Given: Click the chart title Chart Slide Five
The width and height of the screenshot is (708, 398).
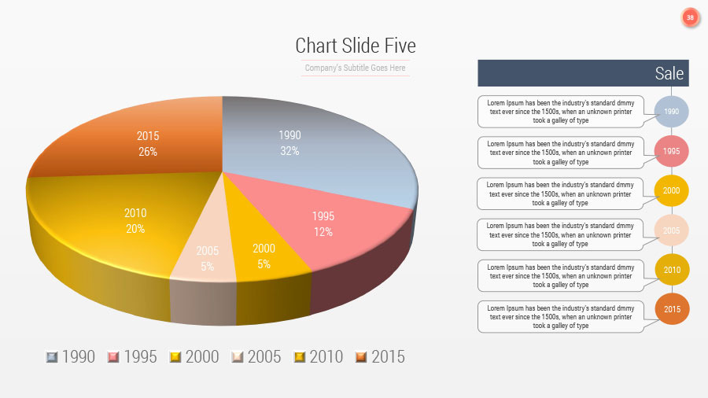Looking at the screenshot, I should tap(356, 46).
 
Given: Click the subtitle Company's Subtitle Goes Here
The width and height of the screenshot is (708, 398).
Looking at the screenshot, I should tap(356, 68).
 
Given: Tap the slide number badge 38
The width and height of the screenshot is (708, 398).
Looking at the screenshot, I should tap(690, 17).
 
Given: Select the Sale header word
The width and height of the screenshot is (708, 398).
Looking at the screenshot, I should tap(669, 73).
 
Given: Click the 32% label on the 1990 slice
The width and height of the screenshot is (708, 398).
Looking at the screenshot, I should tap(289, 151).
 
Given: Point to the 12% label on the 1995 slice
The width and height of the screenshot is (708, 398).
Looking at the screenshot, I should tap(323, 232).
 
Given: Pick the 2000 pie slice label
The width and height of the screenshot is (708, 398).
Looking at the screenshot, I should tap(264, 249).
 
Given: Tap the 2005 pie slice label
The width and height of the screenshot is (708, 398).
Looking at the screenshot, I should tap(208, 251).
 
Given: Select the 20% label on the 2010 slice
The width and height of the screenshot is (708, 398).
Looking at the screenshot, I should tap(135, 229).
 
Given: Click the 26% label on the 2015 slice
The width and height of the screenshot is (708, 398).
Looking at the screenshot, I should tap(148, 152).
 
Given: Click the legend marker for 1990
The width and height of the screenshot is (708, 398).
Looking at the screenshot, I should tap(52, 357).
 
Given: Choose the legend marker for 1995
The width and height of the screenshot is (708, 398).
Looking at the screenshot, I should tap(113, 357).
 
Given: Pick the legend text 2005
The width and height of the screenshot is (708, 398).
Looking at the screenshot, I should tap(264, 357).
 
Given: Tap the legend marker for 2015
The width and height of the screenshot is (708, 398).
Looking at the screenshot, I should tap(361, 357).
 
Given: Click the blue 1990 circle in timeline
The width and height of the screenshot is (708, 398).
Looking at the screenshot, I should tap(671, 112).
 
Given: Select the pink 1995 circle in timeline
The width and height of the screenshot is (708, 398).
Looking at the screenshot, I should tap(671, 152).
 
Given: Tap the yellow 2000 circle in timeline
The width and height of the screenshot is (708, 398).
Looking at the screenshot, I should tap(671, 191).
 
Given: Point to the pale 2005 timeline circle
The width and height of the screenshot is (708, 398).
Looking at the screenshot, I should tap(671, 231).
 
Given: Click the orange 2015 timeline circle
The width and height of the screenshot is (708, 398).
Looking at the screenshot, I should tap(671, 309).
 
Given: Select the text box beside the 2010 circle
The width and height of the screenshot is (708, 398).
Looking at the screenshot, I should tap(560, 275).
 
